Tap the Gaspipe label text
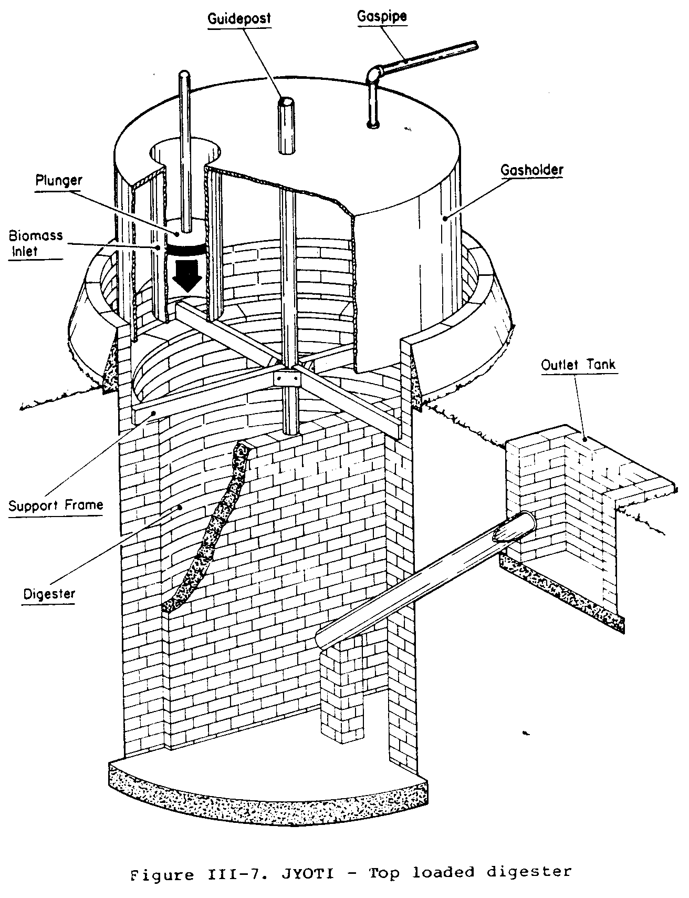382,16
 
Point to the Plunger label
59,181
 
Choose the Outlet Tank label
578,365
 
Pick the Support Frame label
56,505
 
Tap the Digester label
49,594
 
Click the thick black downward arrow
187,274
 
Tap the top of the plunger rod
184,74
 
